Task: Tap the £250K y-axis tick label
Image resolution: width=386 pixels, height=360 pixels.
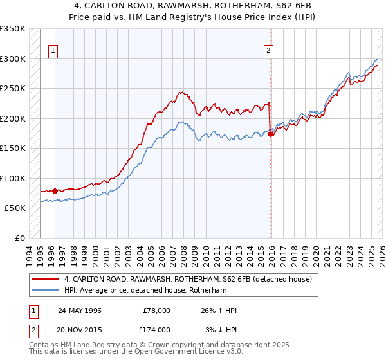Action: coord(13,88)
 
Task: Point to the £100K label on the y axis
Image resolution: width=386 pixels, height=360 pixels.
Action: coord(13,178)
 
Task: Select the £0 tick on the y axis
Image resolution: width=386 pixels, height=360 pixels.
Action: coord(19,239)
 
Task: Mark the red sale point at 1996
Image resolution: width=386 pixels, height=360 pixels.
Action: coord(55,191)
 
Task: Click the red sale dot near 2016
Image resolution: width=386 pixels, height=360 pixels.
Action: coord(271,134)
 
